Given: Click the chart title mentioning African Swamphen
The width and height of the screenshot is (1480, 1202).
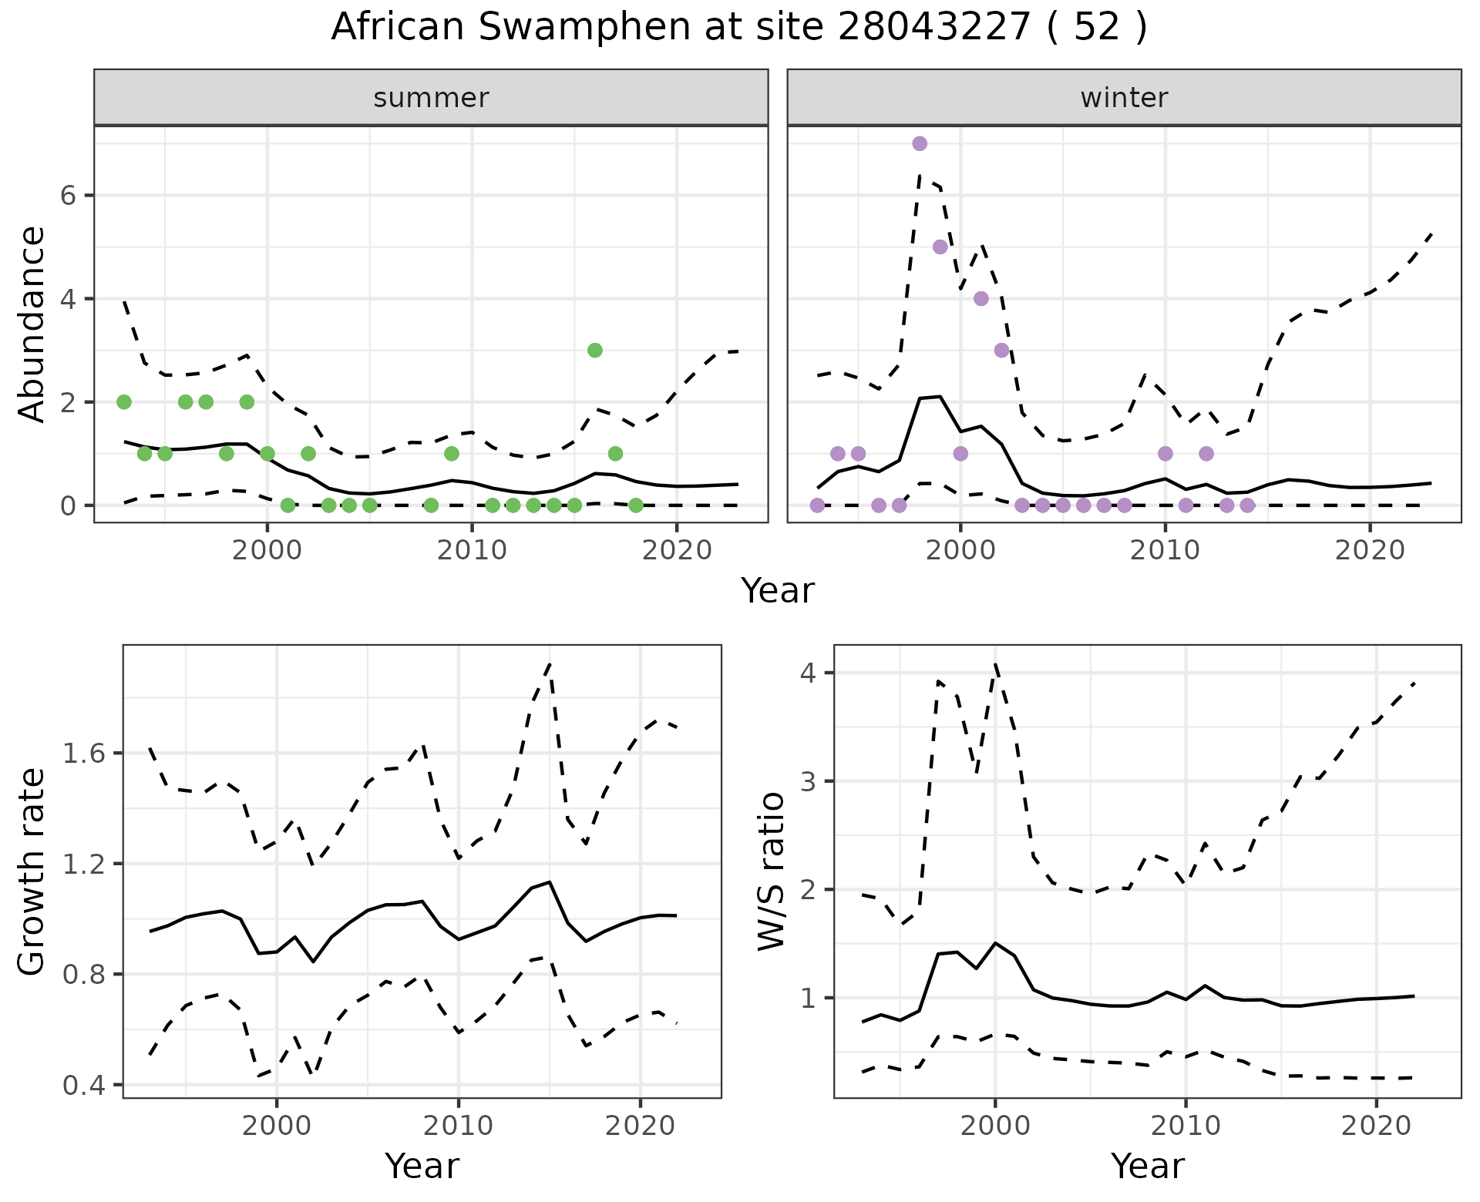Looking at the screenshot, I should pos(739,28).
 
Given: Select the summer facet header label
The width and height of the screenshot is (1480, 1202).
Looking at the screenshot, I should pos(431,98).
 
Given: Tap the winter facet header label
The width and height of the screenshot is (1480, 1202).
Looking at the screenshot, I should pos(1124,98).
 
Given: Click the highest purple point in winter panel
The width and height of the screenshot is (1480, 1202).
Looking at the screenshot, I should pos(920,143).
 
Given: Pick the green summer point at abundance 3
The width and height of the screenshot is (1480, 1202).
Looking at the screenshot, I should pos(594,350).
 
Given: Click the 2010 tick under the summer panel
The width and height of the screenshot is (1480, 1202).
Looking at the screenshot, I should pos(472,550).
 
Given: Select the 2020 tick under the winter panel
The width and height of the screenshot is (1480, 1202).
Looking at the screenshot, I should pos(1370,550).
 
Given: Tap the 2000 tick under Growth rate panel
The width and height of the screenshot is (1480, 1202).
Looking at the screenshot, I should pos(277,1126).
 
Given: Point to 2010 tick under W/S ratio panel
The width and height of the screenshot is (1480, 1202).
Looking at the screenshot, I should pos(1186,1126).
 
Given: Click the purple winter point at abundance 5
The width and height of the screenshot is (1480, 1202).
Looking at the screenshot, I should pos(940,247).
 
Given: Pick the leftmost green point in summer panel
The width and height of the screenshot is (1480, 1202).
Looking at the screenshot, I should pos(123,401).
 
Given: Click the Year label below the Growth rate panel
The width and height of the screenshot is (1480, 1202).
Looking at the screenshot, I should pos(422,1166).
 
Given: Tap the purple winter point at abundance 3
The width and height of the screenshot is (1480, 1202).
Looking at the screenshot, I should pos(1001,350).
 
